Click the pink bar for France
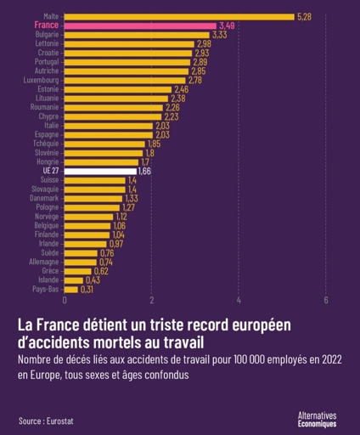[x=140, y=26]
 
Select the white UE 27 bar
[x=100, y=172]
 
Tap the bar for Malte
[x=179, y=17]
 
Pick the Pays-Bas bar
[x=71, y=290]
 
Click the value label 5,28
[x=304, y=17]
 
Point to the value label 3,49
[x=227, y=26]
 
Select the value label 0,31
[x=87, y=290]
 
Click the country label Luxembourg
[x=41, y=81]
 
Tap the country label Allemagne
[x=44, y=262]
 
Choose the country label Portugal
[x=47, y=62]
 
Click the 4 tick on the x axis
[x=239, y=300]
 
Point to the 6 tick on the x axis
[x=326, y=300]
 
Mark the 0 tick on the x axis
[x=65, y=300]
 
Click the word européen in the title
[x=262, y=325]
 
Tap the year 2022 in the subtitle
[x=332, y=359]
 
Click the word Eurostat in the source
[x=60, y=421]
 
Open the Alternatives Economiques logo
[x=317, y=420]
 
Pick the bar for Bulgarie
[x=137, y=35]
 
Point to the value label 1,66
[x=144, y=172]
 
